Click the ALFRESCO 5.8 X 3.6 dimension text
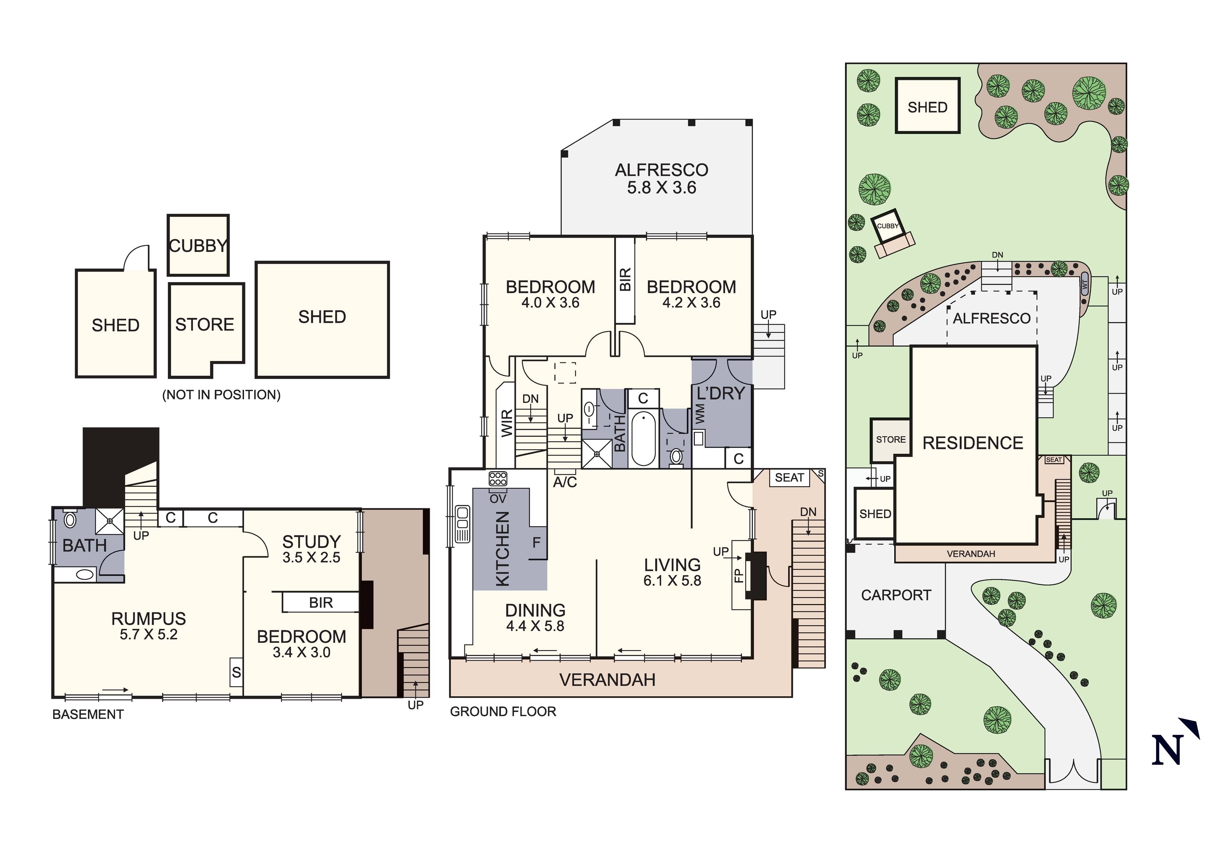tap(661, 187)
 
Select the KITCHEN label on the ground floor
tap(502, 549)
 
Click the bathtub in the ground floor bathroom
tap(643, 439)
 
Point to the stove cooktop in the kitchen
tap(498, 479)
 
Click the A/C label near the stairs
tap(565, 482)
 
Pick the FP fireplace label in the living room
tap(738, 575)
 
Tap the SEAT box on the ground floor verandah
tap(789, 478)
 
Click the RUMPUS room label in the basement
tap(149, 618)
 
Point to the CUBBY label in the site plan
tap(888, 226)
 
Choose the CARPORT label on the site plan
tap(896, 595)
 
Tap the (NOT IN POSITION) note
tap(221, 395)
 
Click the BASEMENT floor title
tap(88, 714)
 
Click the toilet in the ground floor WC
tap(676, 457)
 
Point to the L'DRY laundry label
tap(721, 393)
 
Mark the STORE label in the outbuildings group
tap(205, 324)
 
